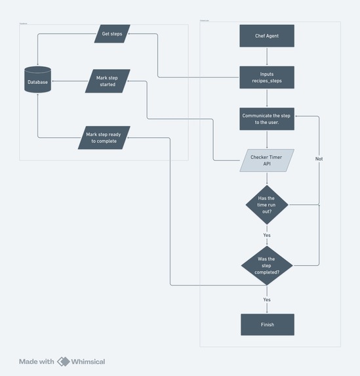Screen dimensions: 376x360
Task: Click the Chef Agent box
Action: (x=267, y=35)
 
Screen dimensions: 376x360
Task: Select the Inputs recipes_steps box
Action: (x=267, y=77)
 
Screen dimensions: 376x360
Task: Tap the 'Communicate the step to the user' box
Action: (x=267, y=119)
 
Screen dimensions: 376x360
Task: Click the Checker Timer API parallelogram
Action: (x=267, y=160)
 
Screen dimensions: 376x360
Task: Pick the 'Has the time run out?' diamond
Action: (x=267, y=205)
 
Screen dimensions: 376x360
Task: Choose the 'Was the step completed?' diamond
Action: (x=267, y=265)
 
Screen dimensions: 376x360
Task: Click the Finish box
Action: (x=267, y=324)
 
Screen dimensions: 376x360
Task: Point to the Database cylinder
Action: (x=37, y=81)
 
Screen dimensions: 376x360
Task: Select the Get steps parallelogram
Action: (x=112, y=33)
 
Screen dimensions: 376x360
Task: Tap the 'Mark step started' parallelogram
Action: (x=107, y=81)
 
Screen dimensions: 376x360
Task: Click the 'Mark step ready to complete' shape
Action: (x=104, y=137)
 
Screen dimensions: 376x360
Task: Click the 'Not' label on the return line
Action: (x=319, y=159)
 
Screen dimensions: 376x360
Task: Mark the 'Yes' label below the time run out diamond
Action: (x=267, y=235)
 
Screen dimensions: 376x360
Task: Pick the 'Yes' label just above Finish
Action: (x=267, y=299)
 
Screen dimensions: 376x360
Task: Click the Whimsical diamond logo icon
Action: (x=64, y=361)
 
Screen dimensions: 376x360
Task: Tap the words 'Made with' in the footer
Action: (x=37, y=361)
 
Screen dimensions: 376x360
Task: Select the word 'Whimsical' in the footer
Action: (x=89, y=361)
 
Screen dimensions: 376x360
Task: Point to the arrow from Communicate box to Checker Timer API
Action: (x=267, y=139)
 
